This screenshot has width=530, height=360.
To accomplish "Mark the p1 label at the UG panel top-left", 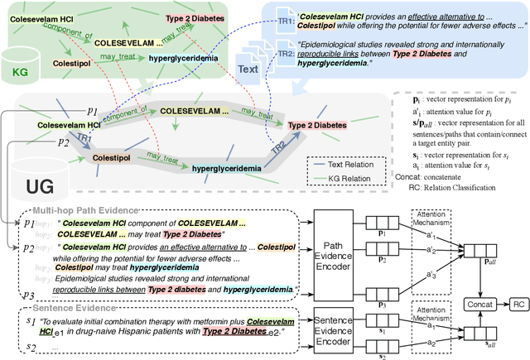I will tap(93, 108).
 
